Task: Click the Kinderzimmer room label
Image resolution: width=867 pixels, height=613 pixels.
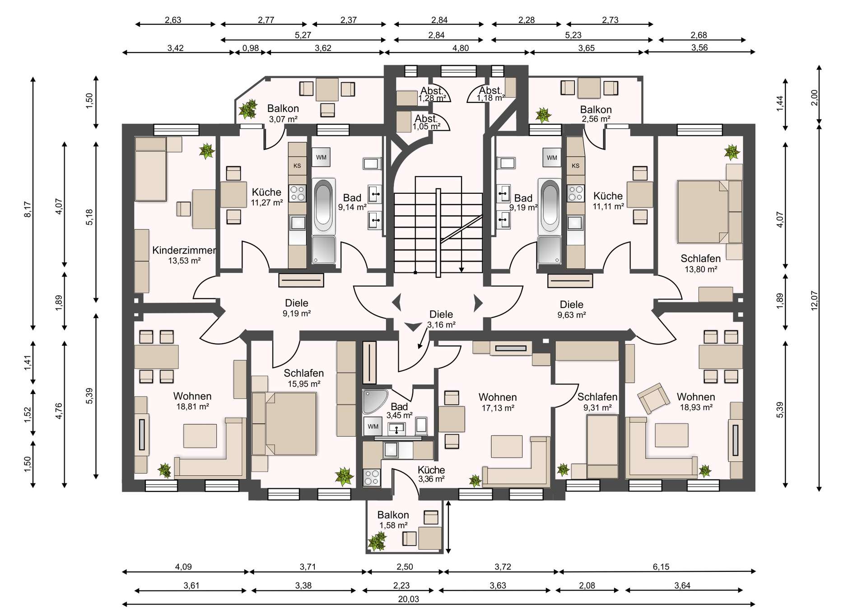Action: pyautogui.click(x=184, y=250)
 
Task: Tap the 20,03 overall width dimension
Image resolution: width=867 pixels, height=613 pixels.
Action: pyautogui.click(x=408, y=599)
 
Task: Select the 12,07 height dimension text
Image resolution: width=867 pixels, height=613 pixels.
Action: pyautogui.click(x=814, y=300)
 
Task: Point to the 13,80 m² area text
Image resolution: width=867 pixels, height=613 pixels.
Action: pyautogui.click(x=701, y=269)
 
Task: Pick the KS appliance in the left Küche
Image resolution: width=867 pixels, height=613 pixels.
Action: pyautogui.click(x=297, y=166)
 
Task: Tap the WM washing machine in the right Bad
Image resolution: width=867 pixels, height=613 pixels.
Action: pyautogui.click(x=552, y=158)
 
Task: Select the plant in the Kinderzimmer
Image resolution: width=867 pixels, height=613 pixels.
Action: pyautogui.click(x=207, y=151)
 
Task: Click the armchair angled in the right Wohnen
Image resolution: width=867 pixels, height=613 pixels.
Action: pyautogui.click(x=653, y=398)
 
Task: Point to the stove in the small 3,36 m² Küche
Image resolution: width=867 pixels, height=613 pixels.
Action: pyautogui.click(x=372, y=477)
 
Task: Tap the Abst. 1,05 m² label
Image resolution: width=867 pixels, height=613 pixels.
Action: pyautogui.click(x=426, y=122)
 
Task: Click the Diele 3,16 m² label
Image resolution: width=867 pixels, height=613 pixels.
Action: pyautogui.click(x=441, y=319)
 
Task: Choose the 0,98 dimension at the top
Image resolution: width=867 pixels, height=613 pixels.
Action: pyautogui.click(x=251, y=48)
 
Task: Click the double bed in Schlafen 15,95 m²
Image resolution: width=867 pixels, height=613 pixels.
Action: pyautogui.click(x=284, y=423)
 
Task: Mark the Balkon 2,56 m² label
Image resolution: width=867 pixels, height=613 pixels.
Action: pyautogui.click(x=596, y=114)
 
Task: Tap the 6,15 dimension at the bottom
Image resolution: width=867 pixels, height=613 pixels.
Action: pyautogui.click(x=661, y=567)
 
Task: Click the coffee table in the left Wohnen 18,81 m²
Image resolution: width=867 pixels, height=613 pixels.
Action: pyautogui.click(x=200, y=435)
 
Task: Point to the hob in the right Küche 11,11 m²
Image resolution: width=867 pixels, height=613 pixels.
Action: pyautogui.click(x=576, y=193)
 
